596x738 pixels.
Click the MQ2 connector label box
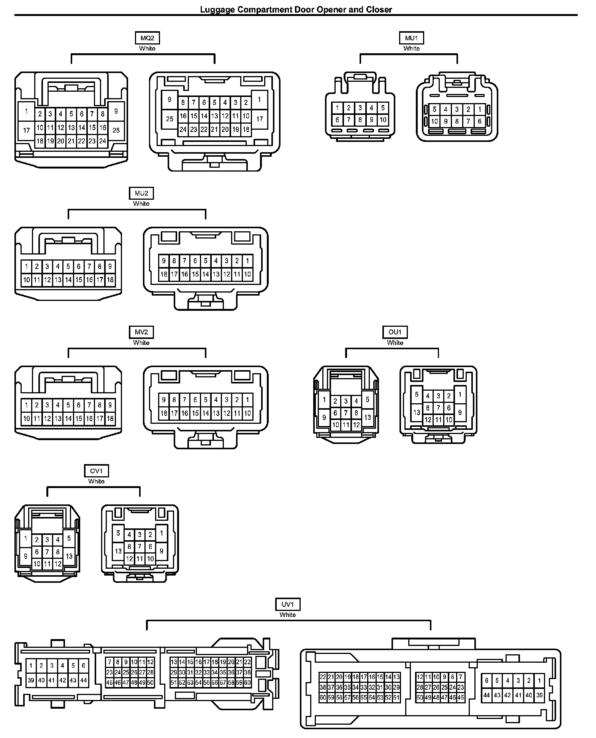147,38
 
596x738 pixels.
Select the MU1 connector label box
411,38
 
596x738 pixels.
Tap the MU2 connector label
141,193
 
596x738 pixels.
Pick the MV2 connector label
141,332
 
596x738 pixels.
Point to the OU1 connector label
395,332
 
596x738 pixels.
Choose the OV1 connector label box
96,471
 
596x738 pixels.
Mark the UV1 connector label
288,604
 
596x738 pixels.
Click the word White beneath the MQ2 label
147,48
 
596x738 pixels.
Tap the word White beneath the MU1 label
411,48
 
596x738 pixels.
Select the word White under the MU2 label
141,204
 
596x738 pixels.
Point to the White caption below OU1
395,342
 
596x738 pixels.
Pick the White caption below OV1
96,481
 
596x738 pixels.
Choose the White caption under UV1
288,615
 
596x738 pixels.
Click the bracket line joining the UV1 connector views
289,621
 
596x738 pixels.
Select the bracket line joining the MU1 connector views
409,54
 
